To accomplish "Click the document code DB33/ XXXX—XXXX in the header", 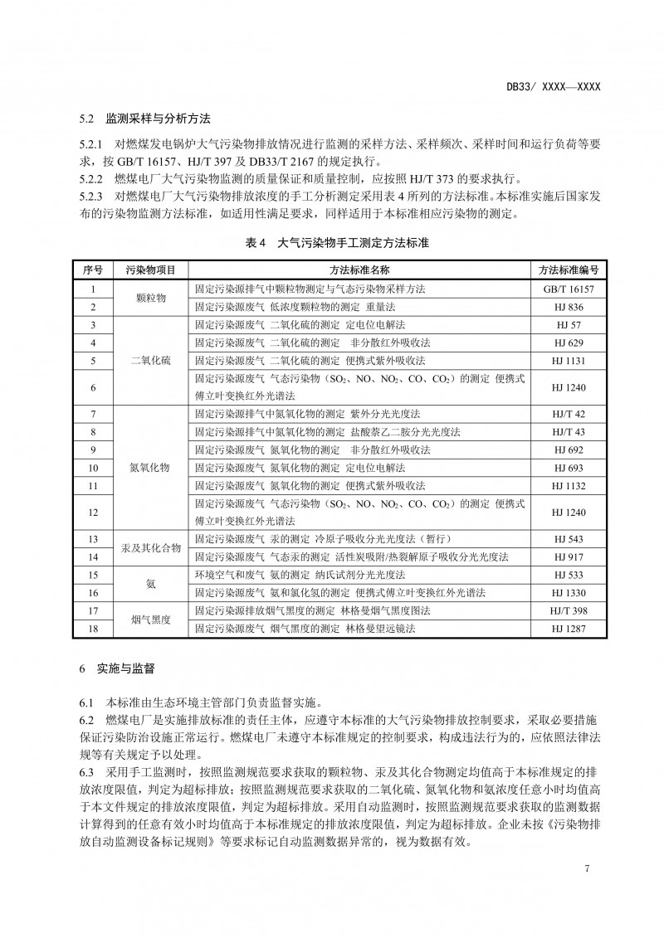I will pyautogui.click(x=553, y=86).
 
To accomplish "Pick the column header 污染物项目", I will pyautogui.click(x=150, y=270).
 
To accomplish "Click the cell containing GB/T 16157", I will pyautogui.click(x=569, y=289).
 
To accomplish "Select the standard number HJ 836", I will pyautogui.click(x=569, y=307).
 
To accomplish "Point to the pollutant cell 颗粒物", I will pyautogui.click(x=150, y=298).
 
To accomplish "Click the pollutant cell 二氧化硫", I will pyautogui.click(x=150, y=361).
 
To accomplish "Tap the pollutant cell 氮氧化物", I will pyautogui.click(x=150, y=467).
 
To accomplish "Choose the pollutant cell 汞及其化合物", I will pyautogui.click(x=150, y=547).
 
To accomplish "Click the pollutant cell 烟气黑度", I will pyautogui.click(x=150, y=620).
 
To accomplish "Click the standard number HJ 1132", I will pyautogui.click(x=569, y=485).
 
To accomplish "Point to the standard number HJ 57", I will pyautogui.click(x=569, y=324).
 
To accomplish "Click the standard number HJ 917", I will pyautogui.click(x=569, y=556).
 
